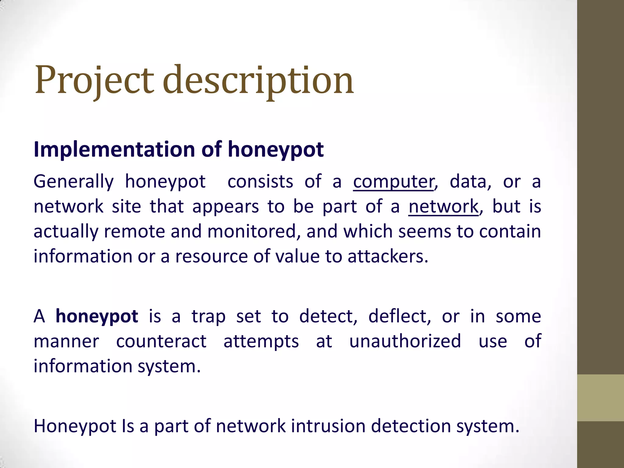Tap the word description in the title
point(258,81)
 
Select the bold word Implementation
point(114,150)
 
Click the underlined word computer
point(393,182)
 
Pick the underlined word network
point(443,207)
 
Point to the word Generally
point(73,182)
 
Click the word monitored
point(251,231)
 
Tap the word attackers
point(388,256)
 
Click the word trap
point(208,316)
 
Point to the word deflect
point(399,316)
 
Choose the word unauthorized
point(405,341)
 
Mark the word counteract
point(161,341)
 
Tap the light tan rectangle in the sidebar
point(600,398)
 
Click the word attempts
point(261,342)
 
